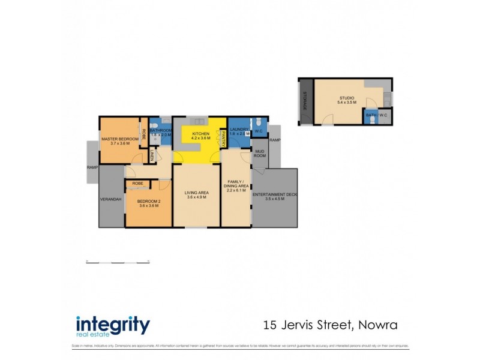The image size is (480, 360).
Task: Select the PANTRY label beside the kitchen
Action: point(224,139)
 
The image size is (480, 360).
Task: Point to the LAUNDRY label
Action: point(239,130)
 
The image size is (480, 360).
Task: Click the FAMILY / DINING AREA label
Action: point(236,184)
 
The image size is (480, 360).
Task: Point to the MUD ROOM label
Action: point(260,153)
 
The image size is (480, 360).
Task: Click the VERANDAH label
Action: point(112,199)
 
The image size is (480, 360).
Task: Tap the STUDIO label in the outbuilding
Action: point(347,98)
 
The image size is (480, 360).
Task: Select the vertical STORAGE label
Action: point(305,100)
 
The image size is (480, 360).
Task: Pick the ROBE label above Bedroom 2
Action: point(137,183)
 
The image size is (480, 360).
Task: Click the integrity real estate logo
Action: point(113,325)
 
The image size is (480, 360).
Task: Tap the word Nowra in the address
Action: point(378,325)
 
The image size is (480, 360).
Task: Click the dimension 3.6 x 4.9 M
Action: point(196,197)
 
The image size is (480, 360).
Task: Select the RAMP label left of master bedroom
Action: point(92,167)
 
